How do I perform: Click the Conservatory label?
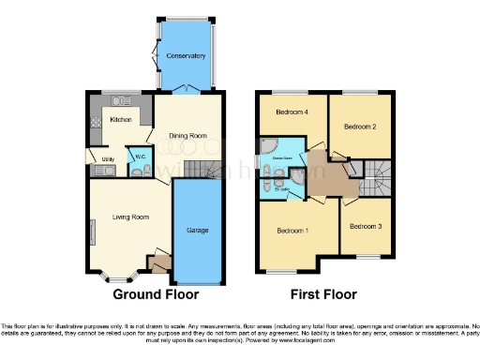point(186,56)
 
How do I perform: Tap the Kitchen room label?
point(121,120)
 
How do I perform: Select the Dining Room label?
point(187,136)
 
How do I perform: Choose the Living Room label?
point(131,217)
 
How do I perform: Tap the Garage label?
point(198,230)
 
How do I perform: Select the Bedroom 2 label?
point(359,126)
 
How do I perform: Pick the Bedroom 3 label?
point(366,226)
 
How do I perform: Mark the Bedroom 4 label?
point(291,113)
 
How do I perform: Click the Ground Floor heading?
point(156,294)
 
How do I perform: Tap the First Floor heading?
point(322,294)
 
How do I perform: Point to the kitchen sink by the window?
point(119,99)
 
